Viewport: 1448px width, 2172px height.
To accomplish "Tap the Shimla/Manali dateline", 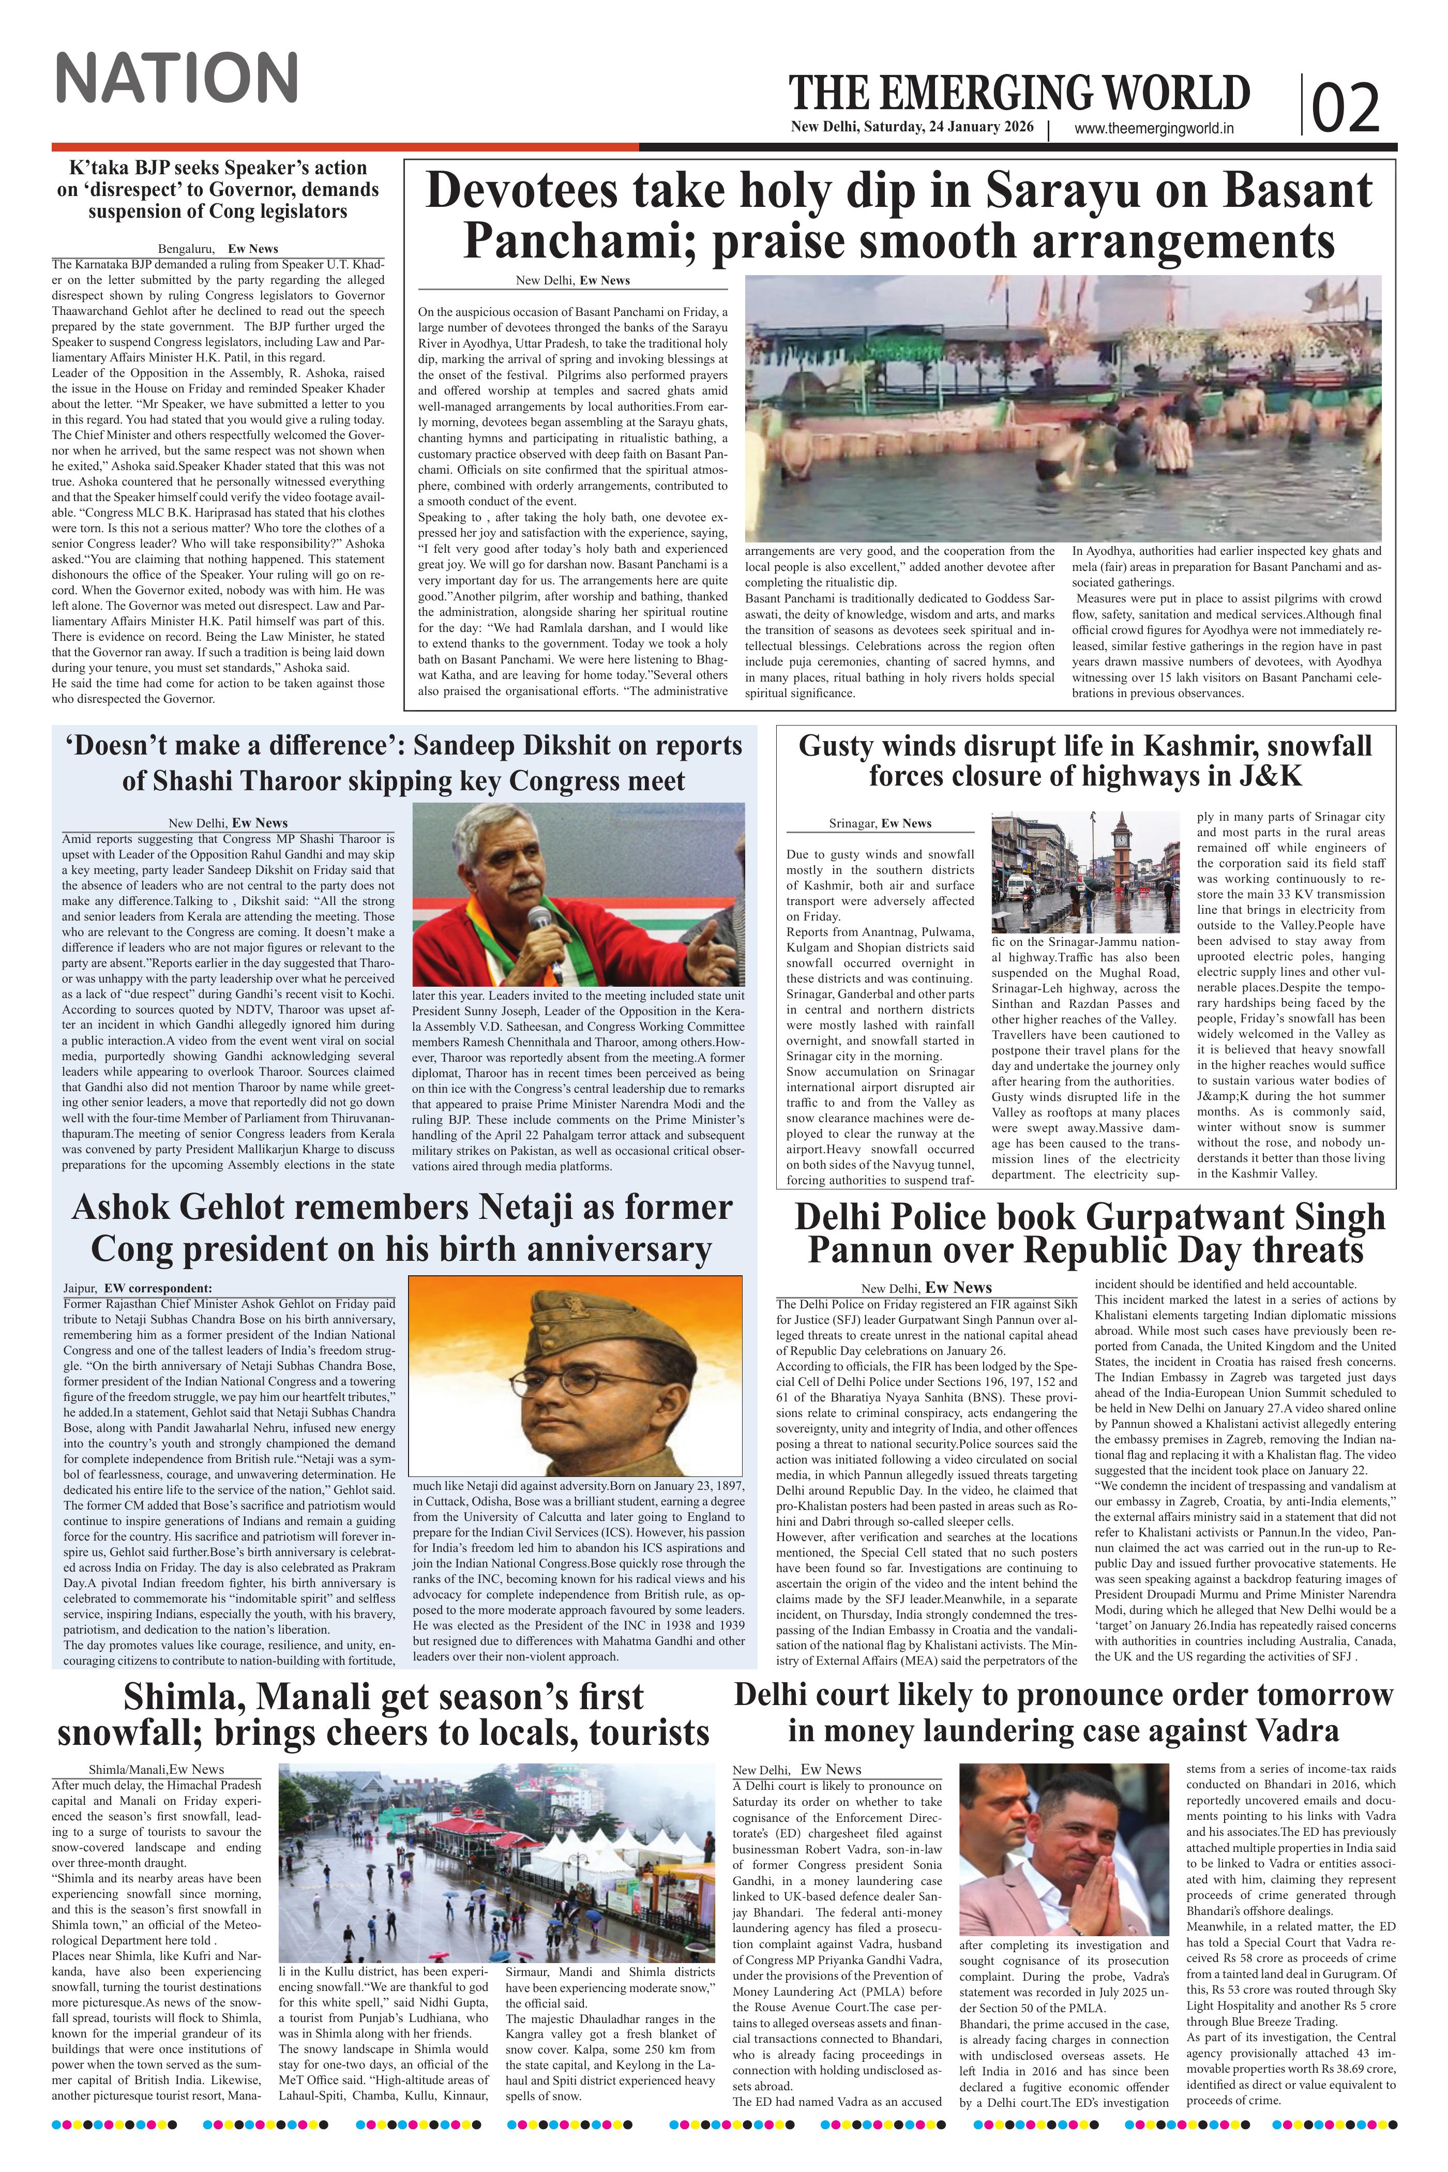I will (126, 1769).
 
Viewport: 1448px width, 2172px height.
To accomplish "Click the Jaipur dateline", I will (80, 1287).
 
